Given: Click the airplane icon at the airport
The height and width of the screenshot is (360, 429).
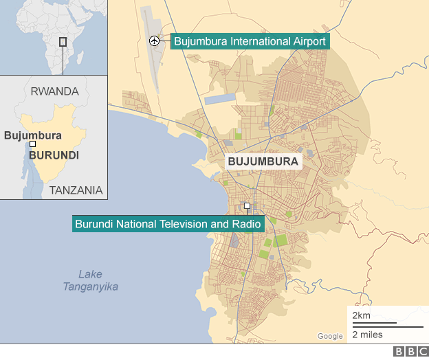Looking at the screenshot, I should (154, 41).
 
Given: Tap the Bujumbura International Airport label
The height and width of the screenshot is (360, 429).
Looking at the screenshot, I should (250, 41).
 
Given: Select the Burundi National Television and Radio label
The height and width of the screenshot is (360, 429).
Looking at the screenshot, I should (164, 224).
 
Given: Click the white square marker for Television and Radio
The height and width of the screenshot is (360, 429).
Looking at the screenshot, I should (247, 205).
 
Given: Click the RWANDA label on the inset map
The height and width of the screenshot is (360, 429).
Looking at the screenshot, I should (55, 91).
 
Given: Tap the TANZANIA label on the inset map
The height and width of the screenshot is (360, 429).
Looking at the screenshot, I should (76, 190).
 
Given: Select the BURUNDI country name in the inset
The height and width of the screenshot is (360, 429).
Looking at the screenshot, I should (54, 155).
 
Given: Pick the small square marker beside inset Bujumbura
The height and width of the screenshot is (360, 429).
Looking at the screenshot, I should (32, 144).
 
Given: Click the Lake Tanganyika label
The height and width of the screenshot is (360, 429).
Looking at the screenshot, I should (90, 280).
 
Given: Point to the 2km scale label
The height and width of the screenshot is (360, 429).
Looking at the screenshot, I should (362, 315).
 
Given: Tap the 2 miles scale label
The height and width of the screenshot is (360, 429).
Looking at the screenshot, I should (368, 335).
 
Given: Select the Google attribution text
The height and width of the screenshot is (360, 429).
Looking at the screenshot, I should (330, 336).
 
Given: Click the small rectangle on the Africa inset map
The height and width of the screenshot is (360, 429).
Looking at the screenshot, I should (63, 41).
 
